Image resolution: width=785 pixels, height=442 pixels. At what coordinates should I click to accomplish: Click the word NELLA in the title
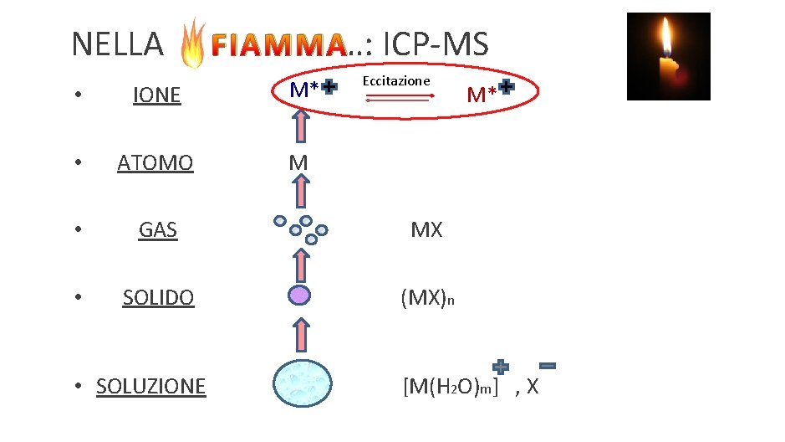pyautogui.click(x=117, y=44)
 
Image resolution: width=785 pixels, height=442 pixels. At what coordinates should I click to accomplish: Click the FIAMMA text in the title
pyautogui.click(x=276, y=45)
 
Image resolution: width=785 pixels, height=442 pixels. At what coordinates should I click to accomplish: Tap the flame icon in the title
pyautogui.click(x=193, y=43)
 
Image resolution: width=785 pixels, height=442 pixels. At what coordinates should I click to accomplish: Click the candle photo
pyautogui.click(x=668, y=56)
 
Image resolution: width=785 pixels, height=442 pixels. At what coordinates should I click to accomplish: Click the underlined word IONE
pyautogui.click(x=157, y=95)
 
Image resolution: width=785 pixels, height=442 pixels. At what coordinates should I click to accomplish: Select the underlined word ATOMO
pyautogui.click(x=155, y=162)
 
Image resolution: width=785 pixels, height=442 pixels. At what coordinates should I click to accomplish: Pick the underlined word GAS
pyautogui.click(x=158, y=229)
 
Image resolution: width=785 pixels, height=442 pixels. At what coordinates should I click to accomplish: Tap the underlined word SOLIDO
pyautogui.click(x=158, y=297)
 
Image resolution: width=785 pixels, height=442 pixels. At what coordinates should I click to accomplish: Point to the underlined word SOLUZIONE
pyautogui.click(x=150, y=386)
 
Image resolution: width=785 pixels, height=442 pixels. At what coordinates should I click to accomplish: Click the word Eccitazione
pyautogui.click(x=396, y=80)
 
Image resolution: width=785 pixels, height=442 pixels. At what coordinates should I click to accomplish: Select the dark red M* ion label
pyautogui.click(x=482, y=93)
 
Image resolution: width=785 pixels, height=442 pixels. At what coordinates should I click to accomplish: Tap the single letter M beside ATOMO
pyautogui.click(x=298, y=162)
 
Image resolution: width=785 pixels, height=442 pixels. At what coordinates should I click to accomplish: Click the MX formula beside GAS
pyautogui.click(x=426, y=229)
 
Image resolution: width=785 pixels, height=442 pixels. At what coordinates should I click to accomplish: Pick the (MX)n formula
pyautogui.click(x=427, y=298)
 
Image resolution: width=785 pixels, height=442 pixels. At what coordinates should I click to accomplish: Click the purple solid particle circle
pyautogui.click(x=298, y=296)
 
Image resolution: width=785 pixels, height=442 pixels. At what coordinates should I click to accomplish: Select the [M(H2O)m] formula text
pyautogui.click(x=450, y=387)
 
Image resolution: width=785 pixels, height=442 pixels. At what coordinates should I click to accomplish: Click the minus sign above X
pyautogui.click(x=548, y=366)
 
